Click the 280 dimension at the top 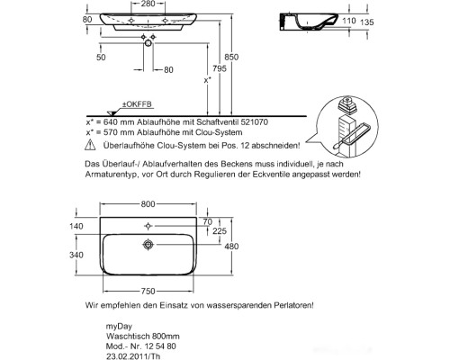click(x=148, y=4)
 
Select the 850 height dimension click(x=231, y=57)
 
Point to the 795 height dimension click(x=220, y=68)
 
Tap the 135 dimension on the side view click(x=366, y=22)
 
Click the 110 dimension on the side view click(x=349, y=21)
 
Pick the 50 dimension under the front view click(x=101, y=58)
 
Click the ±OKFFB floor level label click(x=137, y=104)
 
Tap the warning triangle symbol click(x=90, y=145)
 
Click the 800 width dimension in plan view click(x=148, y=204)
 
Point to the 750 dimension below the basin click(x=148, y=291)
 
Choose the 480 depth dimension click(x=231, y=247)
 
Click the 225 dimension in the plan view click(x=220, y=231)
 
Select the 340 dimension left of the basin click(x=76, y=255)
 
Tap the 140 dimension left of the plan click(x=76, y=226)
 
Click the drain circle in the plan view click(x=148, y=245)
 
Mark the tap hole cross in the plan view click(x=148, y=226)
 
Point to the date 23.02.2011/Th click(x=133, y=356)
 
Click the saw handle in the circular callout click(x=338, y=145)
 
